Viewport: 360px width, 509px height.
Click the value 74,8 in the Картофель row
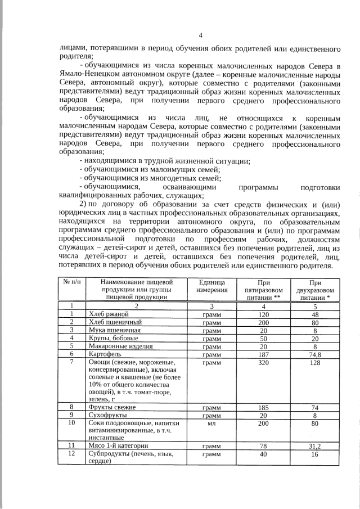(315, 354)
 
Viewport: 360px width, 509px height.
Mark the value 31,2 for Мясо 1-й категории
(315, 445)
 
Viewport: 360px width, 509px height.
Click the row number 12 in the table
(71, 453)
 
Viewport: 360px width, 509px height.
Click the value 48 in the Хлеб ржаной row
(315, 314)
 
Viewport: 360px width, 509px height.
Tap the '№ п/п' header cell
(71, 282)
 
